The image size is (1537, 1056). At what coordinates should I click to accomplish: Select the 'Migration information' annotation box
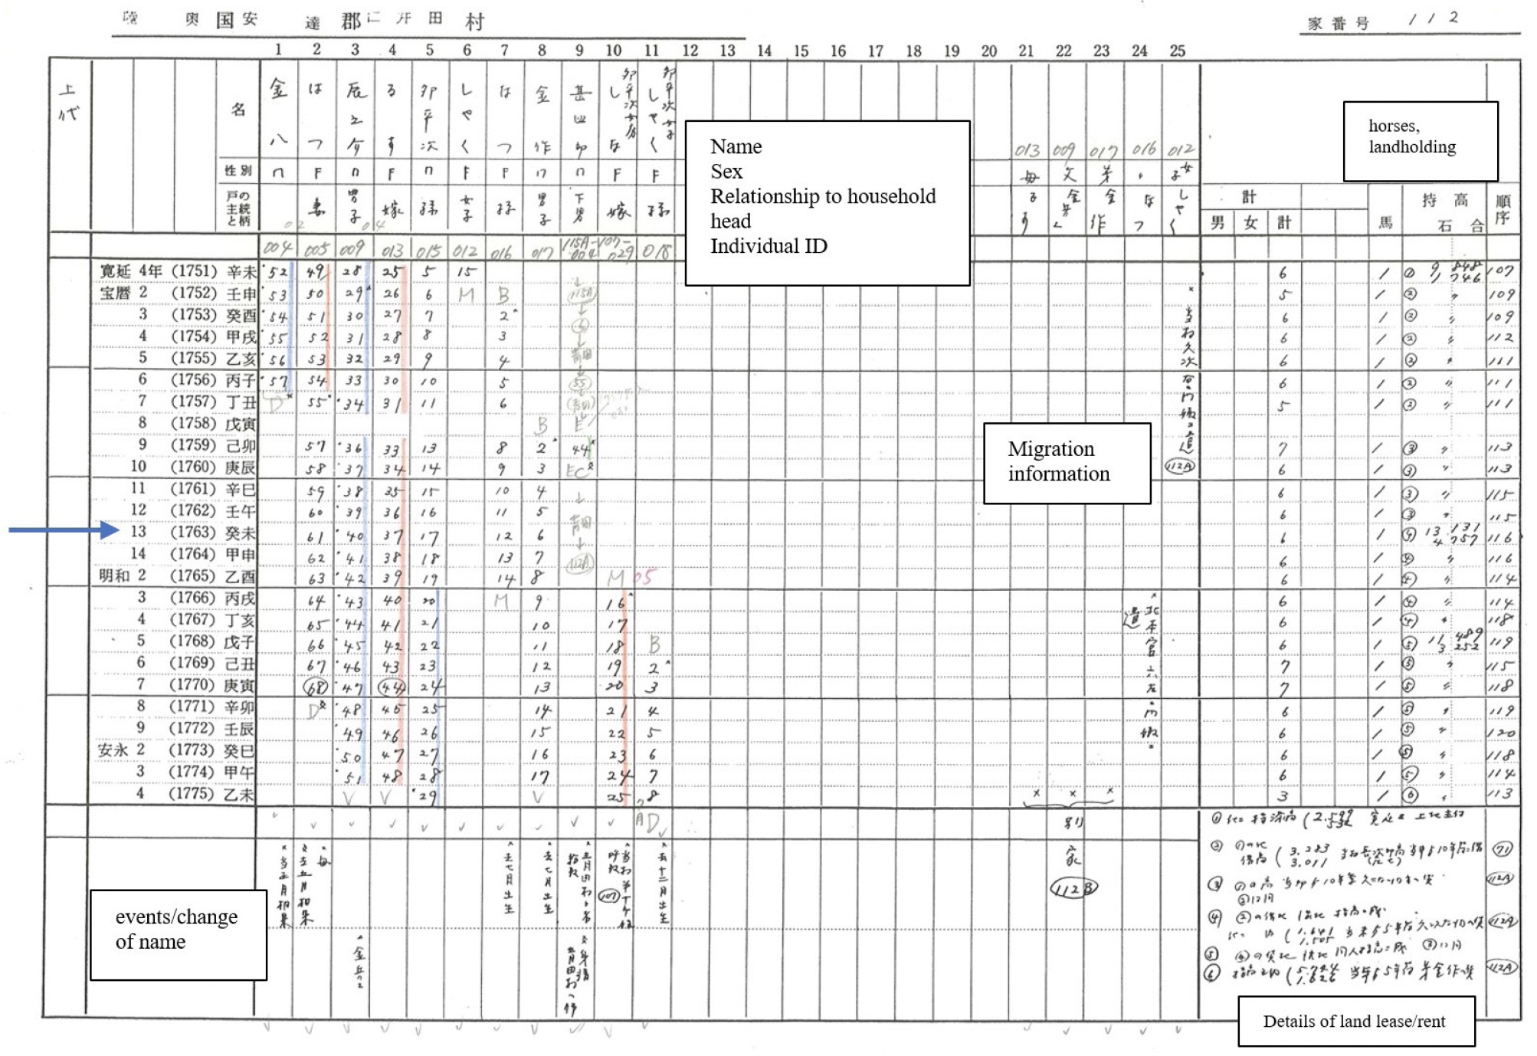(x=1067, y=463)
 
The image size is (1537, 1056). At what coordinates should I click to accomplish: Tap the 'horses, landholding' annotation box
(x=1420, y=141)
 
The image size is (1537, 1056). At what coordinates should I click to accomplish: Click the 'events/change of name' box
(x=178, y=934)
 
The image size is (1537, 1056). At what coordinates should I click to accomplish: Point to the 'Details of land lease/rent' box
(x=1355, y=1021)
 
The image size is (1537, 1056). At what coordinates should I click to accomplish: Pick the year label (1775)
(x=192, y=793)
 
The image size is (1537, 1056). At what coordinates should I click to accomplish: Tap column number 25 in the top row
(x=1177, y=51)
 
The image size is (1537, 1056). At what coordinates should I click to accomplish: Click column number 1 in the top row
(x=278, y=50)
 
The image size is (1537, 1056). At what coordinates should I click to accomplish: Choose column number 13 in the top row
(x=727, y=51)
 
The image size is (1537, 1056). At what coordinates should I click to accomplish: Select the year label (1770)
(x=192, y=684)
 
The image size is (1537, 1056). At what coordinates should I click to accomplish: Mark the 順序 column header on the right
(x=1503, y=208)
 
